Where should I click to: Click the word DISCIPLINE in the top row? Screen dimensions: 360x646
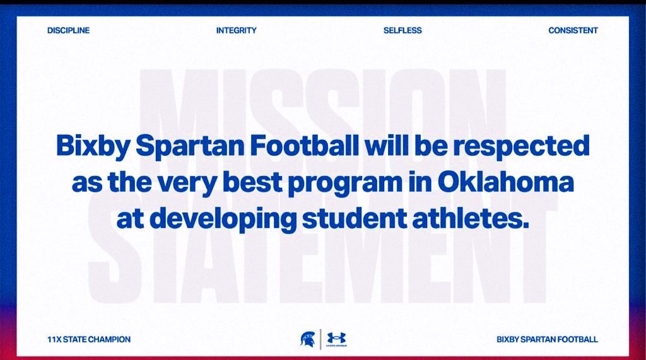pyautogui.click(x=68, y=30)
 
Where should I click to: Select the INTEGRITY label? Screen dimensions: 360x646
pyautogui.click(x=237, y=30)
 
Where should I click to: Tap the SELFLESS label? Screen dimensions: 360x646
pyautogui.click(x=402, y=30)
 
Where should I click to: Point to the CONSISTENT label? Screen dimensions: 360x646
pyautogui.click(x=573, y=30)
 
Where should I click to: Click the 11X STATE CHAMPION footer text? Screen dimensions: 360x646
pyautogui.click(x=89, y=339)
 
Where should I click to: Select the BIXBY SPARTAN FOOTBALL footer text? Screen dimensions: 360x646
pyautogui.click(x=547, y=339)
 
